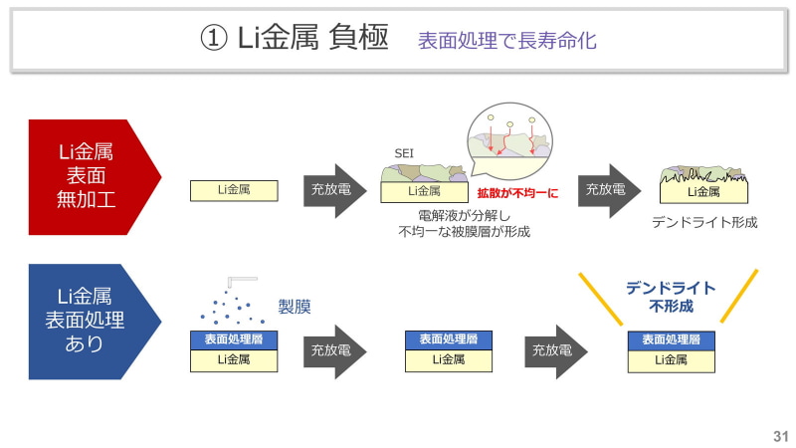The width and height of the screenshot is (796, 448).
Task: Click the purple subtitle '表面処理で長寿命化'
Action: (x=506, y=41)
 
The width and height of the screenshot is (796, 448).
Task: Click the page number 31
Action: (x=779, y=436)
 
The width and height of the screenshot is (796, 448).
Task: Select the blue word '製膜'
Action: (x=295, y=307)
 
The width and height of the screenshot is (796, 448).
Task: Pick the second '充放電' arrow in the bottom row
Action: (x=553, y=350)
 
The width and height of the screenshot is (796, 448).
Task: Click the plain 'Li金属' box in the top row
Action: (x=234, y=190)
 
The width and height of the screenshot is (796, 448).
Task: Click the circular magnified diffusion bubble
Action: (x=510, y=143)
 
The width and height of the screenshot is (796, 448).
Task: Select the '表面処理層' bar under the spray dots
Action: (x=234, y=338)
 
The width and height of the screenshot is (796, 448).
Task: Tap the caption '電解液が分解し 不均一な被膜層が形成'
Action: (x=461, y=224)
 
